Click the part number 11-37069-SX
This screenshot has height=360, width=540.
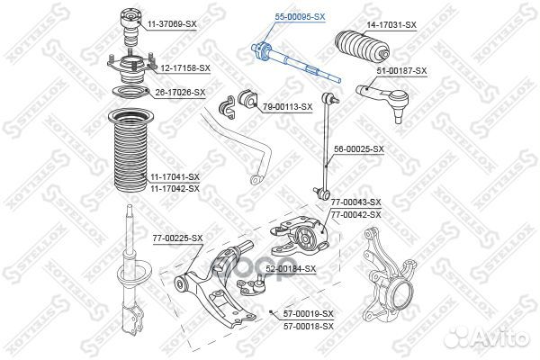172,24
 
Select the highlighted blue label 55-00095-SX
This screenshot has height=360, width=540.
300,16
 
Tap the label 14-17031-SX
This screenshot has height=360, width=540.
391,25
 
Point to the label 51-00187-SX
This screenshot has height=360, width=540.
401,71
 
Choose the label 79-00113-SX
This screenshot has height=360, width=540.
288,107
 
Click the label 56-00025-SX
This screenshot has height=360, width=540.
359,149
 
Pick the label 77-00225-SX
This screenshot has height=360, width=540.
177,238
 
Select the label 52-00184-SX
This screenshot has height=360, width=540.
291,269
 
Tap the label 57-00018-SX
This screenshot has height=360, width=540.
309,326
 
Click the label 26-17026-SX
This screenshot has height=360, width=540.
180,93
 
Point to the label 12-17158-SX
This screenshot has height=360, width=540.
185,68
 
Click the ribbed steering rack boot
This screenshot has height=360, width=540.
363,46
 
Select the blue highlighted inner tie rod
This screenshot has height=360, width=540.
296,63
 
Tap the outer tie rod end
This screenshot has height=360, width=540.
383,101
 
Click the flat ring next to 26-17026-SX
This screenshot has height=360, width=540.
130,93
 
